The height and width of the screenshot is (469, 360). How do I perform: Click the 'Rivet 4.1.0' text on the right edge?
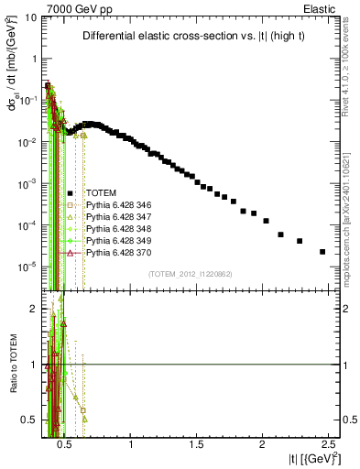tap(351, 55)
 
